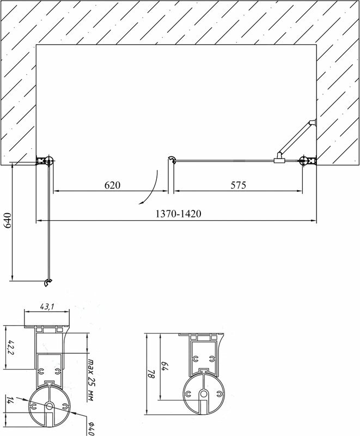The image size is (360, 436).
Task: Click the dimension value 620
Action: [x=112, y=185]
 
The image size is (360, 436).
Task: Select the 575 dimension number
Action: [x=239, y=185]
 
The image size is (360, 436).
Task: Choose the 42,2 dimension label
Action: [x=9, y=346]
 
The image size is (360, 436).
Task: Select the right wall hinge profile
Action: [x=307, y=160]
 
